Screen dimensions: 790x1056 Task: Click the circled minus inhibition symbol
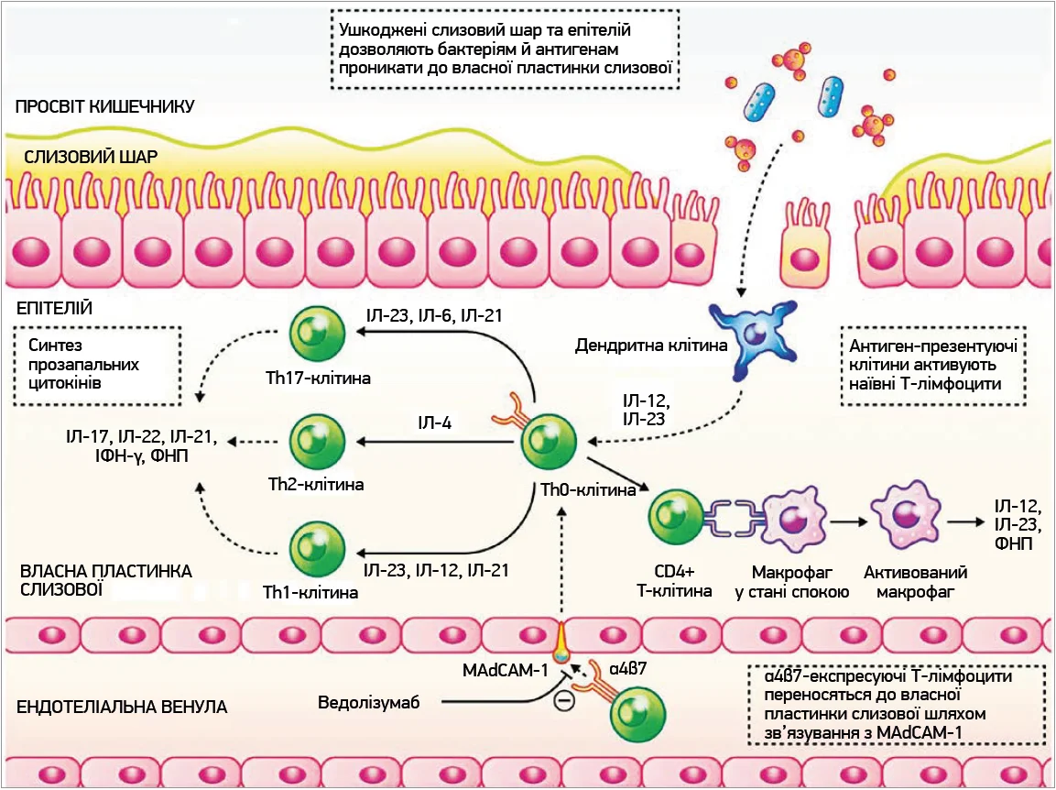point(564,703)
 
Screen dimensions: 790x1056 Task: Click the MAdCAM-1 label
point(505,670)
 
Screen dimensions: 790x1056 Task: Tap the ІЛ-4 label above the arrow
point(434,422)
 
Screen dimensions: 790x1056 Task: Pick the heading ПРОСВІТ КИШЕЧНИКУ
point(105,106)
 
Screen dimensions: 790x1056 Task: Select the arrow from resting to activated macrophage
point(849,522)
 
